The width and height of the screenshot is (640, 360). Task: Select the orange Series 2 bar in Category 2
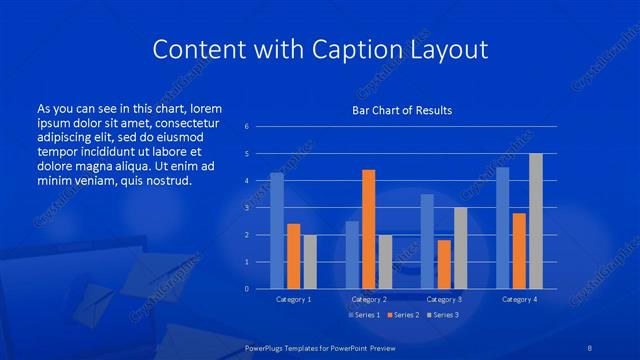pos(368,229)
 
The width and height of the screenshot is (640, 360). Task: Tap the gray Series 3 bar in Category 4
pos(536,221)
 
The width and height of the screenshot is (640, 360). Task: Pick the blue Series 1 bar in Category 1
pos(277,231)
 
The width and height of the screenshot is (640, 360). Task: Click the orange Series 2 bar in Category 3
pos(444,264)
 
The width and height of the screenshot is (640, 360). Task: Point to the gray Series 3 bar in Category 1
pos(310,262)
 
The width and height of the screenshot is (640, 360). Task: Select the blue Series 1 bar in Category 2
pos(352,255)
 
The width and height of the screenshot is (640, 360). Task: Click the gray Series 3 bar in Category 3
pos(460,248)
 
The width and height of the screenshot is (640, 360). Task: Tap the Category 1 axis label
pos(293,299)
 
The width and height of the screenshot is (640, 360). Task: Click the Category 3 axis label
pos(444,299)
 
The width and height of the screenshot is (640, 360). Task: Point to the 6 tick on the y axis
pos(247,127)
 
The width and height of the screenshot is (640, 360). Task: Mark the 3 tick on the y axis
pos(247,208)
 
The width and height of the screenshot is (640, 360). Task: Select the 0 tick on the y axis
pos(247,289)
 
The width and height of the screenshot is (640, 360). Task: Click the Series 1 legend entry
pos(362,315)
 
